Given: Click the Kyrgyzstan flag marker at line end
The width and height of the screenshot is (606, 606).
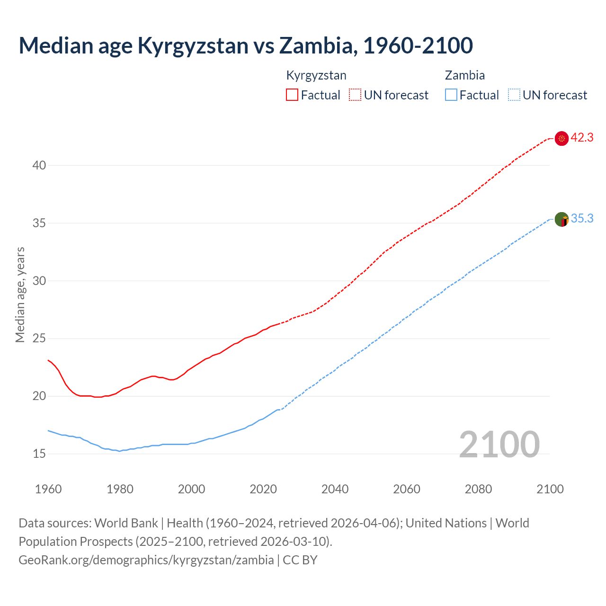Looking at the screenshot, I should pos(561,139).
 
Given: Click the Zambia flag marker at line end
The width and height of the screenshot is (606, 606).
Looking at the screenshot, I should pos(561,220).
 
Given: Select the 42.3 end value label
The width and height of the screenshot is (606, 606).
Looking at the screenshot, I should pos(582,138).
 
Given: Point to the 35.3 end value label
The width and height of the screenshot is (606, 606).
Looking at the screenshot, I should pos(582,219).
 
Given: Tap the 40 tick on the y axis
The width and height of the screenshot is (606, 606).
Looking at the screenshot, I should pos(39,165).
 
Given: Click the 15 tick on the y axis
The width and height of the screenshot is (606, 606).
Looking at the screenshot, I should pos(39,454).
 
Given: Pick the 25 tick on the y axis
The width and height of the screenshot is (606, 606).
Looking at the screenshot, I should pos(39,339).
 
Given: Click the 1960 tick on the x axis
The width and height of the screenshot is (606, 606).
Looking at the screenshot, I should pos(48,489).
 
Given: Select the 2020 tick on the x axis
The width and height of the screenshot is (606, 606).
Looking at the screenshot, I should pos(263,489).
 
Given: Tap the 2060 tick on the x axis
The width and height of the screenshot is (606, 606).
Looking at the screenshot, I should pos(407,489).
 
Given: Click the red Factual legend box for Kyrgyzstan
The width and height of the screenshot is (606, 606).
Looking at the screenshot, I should pos(292,95).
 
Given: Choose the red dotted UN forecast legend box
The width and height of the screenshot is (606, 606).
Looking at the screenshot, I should pos(355,95).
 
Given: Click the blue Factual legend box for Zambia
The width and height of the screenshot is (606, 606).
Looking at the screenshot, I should pos(451,95).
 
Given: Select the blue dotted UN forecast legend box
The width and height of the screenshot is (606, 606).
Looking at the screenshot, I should pos(514,95).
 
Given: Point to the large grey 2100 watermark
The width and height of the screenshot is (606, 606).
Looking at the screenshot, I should pos(499,444).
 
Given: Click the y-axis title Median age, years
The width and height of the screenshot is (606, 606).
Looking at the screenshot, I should pos(20,294).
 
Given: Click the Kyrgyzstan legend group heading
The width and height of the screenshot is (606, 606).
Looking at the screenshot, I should pos(316,75).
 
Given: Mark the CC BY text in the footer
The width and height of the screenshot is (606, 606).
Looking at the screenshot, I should pos(300,560).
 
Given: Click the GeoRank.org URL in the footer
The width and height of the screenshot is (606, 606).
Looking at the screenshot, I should pos(146,560).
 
